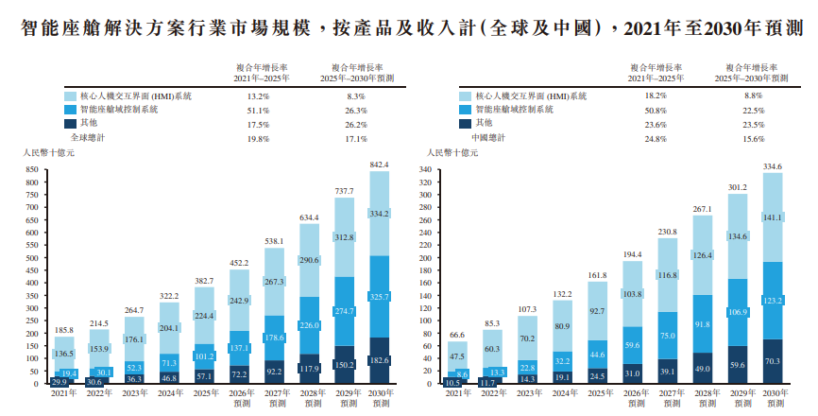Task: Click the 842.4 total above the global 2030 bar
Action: click(379, 165)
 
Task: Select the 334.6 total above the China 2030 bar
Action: click(773, 165)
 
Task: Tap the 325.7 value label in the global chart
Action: click(379, 297)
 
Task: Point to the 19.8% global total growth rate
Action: click(259, 138)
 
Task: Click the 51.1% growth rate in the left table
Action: click(259, 111)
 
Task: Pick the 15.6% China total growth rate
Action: click(753, 138)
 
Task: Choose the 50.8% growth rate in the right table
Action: click(655, 111)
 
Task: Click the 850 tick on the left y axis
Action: click(33, 170)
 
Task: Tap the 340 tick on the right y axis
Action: click(425, 172)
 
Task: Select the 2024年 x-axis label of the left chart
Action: click(170, 392)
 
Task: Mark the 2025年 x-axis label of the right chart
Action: click(597, 392)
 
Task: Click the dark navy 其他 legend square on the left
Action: click(70, 124)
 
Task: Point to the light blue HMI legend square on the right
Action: click(465, 96)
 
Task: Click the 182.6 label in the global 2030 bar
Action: click(379, 361)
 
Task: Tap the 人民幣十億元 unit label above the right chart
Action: click(449, 152)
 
